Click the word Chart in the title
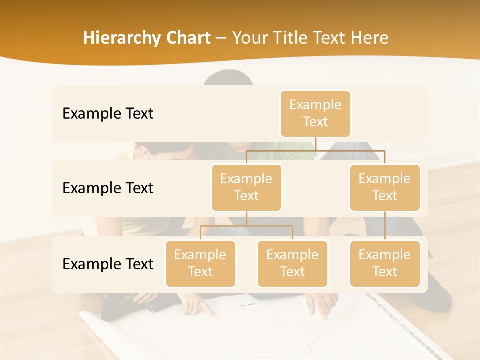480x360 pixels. [188, 38]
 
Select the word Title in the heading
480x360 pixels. [292, 38]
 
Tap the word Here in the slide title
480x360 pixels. [370, 38]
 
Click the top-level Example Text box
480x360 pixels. [315, 113]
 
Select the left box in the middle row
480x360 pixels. [246, 187]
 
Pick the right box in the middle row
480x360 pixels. [385, 187]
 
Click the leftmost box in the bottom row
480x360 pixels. [200, 263]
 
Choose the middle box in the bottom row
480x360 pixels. [292, 263]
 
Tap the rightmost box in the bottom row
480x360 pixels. [385, 263]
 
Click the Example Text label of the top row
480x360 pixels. [108, 113]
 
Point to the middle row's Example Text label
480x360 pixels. [108, 188]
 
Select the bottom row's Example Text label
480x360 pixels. [108, 264]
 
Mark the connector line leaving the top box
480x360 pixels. [315, 144]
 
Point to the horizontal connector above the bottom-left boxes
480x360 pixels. [246, 226]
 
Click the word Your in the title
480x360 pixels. [249, 38]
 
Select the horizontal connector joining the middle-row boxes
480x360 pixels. [315, 150]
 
